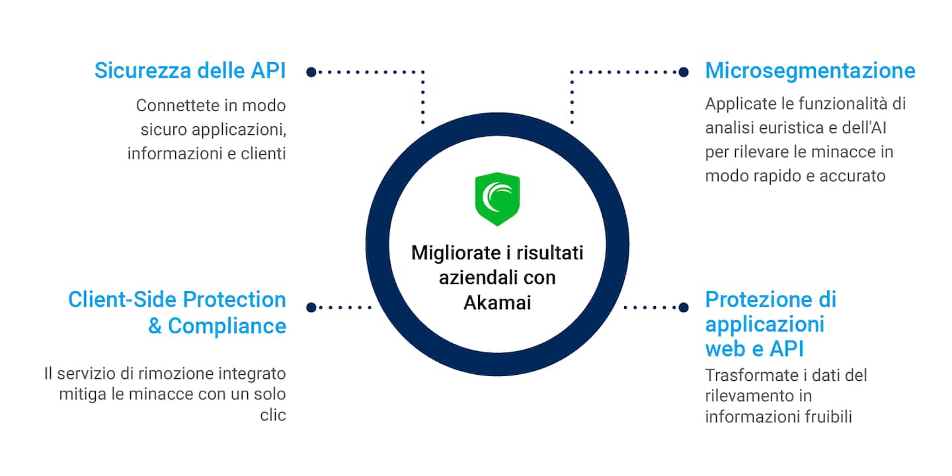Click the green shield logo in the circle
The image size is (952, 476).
[x=497, y=200]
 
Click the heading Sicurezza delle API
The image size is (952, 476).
[x=190, y=71]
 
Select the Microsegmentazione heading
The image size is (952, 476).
[x=810, y=71]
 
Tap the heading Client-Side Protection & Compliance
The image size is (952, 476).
[x=177, y=313]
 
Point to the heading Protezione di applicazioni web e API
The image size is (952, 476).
[x=770, y=324]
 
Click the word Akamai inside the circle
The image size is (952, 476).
[x=497, y=303]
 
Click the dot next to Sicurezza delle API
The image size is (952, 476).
[x=311, y=71]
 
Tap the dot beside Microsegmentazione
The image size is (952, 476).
[x=684, y=71]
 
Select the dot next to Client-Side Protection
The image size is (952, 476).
[x=311, y=307]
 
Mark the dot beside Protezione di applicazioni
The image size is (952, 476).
[x=684, y=307]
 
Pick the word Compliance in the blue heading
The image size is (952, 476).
[x=227, y=326]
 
